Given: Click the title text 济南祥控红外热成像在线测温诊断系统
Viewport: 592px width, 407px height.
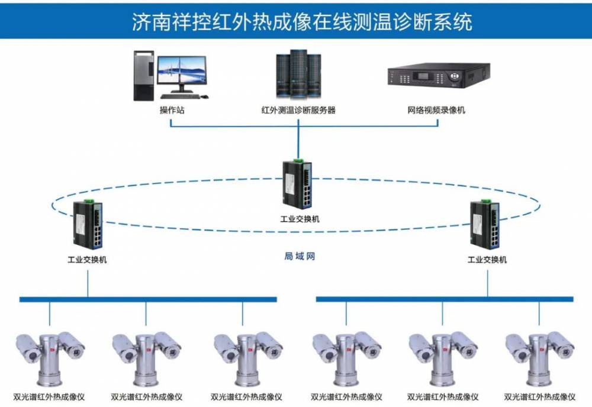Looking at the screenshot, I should pos(301,22).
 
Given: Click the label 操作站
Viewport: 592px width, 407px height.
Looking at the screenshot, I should pos(172,110).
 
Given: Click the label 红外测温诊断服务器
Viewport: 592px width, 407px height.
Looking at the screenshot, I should pos(298,110).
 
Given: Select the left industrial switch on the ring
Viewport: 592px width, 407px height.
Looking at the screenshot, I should pos(88,224).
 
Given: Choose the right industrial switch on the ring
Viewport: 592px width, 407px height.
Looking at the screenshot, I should pos(487,224).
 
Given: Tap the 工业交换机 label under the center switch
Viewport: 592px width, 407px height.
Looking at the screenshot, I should pos(300,219).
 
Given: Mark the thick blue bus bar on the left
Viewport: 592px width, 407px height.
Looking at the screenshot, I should pos(147,299).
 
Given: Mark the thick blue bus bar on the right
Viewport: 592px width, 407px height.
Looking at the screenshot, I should pos(444,299).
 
